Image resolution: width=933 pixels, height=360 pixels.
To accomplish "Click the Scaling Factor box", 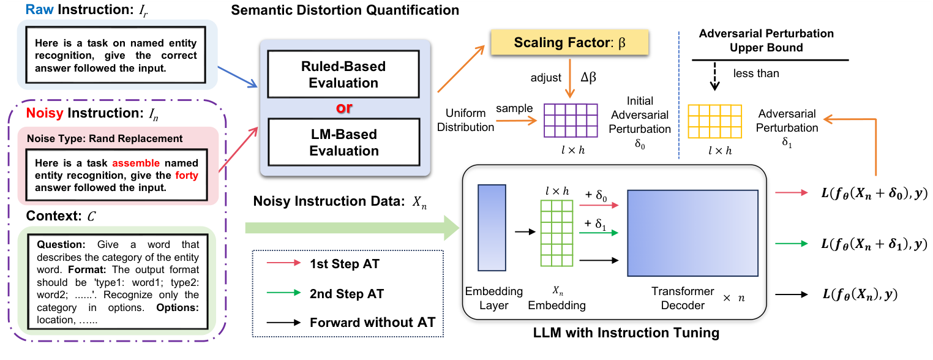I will tap(570, 43).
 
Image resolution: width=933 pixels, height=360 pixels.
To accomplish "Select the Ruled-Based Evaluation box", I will tap(343, 75).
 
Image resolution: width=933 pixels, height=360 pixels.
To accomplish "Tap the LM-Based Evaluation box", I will tap(343, 142).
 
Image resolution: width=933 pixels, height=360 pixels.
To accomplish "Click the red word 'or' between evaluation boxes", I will tap(344, 108).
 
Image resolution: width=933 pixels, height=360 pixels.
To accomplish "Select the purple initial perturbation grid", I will tap(570, 121).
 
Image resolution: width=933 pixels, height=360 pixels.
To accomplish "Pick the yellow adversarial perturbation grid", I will tap(715, 121).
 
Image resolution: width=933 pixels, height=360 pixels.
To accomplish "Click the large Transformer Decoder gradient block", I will tap(692, 233).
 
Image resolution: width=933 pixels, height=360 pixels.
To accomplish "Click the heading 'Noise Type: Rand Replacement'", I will tap(105, 139).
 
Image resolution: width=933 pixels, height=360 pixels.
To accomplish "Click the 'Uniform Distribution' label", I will tap(466, 121).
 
